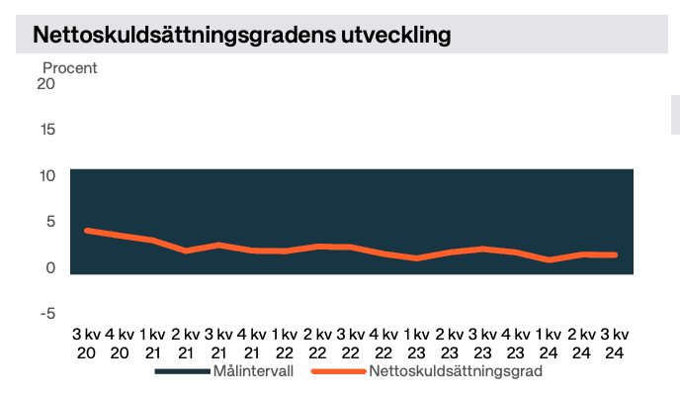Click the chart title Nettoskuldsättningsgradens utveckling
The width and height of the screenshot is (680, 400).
click(x=242, y=35)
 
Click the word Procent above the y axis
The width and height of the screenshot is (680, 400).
click(x=69, y=67)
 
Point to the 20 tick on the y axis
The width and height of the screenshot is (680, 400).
click(x=45, y=83)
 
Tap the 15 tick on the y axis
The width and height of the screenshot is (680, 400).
click(x=45, y=130)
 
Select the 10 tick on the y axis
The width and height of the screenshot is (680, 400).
click(x=45, y=176)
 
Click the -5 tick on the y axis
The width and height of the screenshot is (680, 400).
click(x=45, y=314)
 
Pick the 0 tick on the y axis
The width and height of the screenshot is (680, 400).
click(x=49, y=268)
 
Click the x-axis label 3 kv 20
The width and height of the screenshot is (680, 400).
click(x=87, y=343)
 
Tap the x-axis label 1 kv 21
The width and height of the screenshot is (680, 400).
click(x=152, y=343)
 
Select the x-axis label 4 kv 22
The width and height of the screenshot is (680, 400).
click(x=383, y=343)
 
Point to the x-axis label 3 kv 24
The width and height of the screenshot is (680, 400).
click(x=614, y=343)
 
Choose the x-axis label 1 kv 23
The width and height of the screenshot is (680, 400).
click(x=416, y=343)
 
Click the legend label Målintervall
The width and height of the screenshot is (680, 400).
click(x=253, y=372)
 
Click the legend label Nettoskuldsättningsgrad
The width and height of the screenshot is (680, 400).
click(x=456, y=372)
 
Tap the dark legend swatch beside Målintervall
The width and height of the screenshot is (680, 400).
click(x=183, y=373)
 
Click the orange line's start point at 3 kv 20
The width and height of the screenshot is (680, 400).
click(x=87, y=230)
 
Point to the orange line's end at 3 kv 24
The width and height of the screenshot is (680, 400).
click(x=614, y=254)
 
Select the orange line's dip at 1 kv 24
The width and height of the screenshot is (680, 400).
click(x=549, y=259)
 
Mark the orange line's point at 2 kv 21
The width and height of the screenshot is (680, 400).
click(x=186, y=250)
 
